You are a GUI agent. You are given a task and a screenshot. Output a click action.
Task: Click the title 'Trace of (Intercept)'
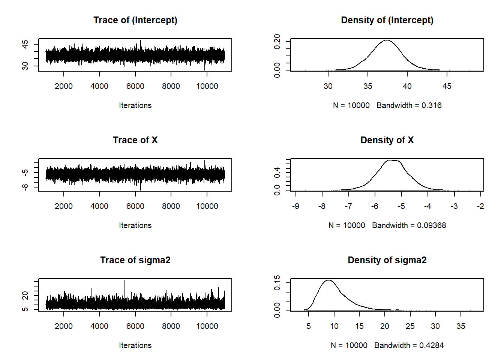pyautogui.click(x=135, y=20)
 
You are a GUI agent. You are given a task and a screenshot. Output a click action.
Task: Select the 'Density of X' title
pyautogui.click(x=387, y=140)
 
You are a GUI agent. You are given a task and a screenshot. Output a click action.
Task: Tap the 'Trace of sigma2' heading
pyautogui.click(x=135, y=260)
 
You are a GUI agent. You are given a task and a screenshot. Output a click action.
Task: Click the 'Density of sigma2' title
pyautogui.click(x=387, y=260)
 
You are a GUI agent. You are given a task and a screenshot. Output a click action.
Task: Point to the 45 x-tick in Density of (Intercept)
pyautogui.click(x=447, y=86)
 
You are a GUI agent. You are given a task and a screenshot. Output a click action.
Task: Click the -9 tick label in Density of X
pyautogui.click(x=295, y=206)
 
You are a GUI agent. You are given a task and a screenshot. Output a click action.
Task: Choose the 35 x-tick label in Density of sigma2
pyautogui.click(x=460, y=326)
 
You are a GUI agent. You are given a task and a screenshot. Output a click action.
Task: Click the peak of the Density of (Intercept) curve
pyautogui.click(x=386, y=40)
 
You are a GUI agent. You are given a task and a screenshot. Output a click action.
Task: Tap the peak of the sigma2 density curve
pyautogui.click(x=329, y=280)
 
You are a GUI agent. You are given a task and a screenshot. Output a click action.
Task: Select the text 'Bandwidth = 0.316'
pyautogui.click(x=409, y=105)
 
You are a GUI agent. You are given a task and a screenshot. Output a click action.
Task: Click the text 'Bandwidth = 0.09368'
pyautogui.click(x=409, y=225)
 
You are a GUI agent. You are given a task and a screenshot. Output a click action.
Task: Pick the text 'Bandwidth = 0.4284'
pyautogui.click(x=409, y=345)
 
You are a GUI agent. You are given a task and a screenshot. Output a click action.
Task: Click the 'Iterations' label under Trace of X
pyautogui.click(x=135, y=225)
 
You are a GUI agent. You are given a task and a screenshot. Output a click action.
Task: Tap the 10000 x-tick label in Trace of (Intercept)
pyautogui.click(x=207, y=86)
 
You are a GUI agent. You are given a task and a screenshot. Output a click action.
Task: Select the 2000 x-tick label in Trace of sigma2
pyautogui.click(x=64, y=326)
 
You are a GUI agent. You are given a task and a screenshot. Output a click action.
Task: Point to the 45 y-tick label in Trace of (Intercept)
pyautogui.click(x=25, y=45)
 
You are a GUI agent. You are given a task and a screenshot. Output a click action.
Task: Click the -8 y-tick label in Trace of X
pyautogui.click(x=25, y=187)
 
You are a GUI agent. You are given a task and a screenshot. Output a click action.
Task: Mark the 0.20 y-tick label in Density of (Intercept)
pyautogui.click(x=277, y=41)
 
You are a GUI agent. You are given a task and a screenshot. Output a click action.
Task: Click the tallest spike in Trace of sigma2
pyautogui.click(x=124, y=281)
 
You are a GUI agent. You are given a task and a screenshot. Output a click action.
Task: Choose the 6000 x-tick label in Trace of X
pyautogui.click(x=135, y=206)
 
